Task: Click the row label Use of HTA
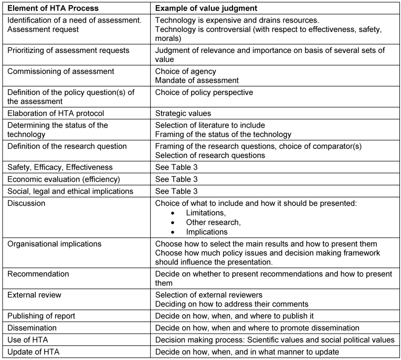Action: pyautogui.click(x=29, y=340)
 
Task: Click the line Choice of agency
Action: pyautogui.click(x=185, y=71)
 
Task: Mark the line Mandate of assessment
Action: pyautogui.click(x=196, y=80)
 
